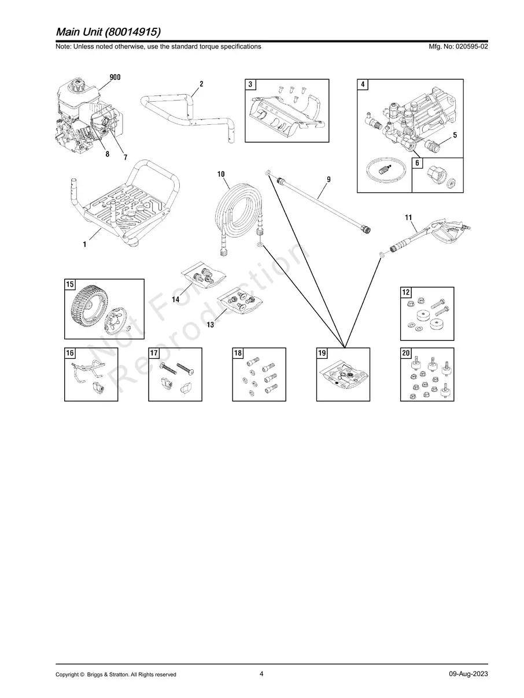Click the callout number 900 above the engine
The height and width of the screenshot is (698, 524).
point(115,77)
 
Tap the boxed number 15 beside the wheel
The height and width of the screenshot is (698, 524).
point(69,284)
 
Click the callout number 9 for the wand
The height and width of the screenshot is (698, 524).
point(329,179)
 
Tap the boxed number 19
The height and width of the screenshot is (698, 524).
point(322,353)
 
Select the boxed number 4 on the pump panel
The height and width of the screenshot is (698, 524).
point(363,84)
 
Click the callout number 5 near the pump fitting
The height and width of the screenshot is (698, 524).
point(455,135)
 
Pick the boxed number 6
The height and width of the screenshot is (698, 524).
point(417,163)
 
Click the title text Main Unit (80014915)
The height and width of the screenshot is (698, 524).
point(108,32)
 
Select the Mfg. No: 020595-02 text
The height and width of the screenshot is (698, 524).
point(458,46)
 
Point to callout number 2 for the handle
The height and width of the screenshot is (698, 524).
point(201,84)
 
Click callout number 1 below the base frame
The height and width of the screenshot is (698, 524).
point(84,244)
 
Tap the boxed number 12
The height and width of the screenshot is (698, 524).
point(406,292)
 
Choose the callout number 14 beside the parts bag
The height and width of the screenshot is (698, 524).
point(176,299)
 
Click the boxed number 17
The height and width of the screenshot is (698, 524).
point(154,353)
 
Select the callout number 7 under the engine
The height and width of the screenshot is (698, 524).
point(126,157)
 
